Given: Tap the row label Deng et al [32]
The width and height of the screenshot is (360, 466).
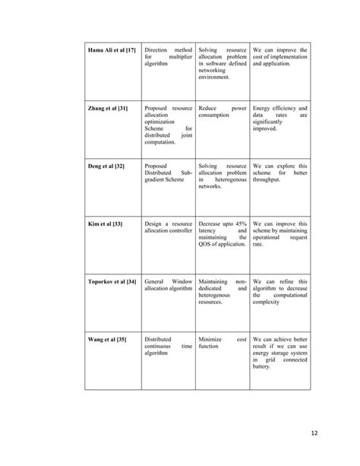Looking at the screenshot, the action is click(x=105, y=166).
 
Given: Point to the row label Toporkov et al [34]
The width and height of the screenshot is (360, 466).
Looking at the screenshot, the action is click(x=109, y=281).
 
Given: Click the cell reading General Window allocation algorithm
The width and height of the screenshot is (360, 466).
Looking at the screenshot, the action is click(x=167, y=286).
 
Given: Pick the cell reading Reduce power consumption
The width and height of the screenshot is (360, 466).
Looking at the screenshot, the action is click(x=222, y=113).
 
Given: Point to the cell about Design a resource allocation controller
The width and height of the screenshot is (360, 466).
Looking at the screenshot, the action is click(x=167, y=228).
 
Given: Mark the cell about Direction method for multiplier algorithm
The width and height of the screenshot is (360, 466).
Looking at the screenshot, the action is click(x=167, y=58).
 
